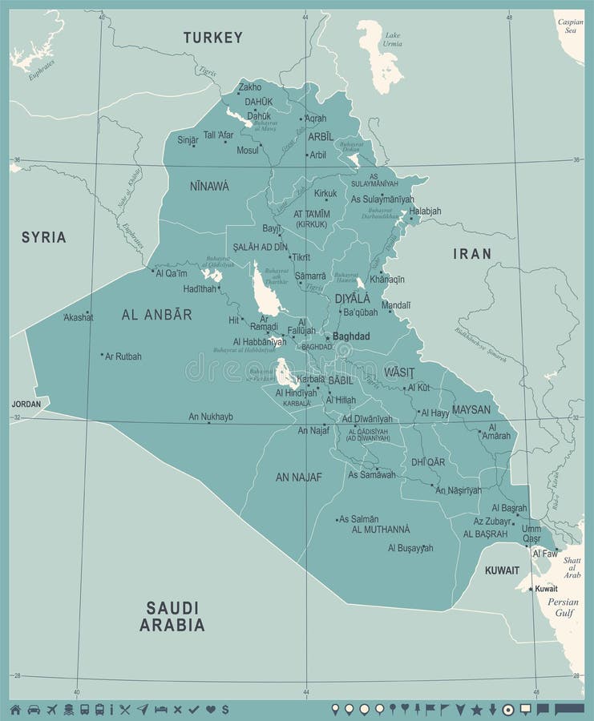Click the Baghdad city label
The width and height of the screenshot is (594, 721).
click(x=351, y=336)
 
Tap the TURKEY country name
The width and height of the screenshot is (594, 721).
click(x=212, y=38)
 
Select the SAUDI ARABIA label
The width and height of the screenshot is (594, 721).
click(x=172, y=616)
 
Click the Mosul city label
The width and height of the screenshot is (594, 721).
click(x=248, y=150)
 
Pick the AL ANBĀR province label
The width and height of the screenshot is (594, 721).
click(x=157, y=315)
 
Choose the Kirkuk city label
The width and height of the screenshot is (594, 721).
click(x=325, y=193)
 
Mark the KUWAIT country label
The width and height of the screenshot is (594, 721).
click(x=502, y=570)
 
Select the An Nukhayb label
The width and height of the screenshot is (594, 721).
click(x=211, y=417)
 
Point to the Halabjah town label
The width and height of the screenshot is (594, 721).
click(x=425, y=211)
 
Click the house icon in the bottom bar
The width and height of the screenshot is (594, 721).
click(x=15, y=709)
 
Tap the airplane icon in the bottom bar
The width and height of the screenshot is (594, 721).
click(x=53, y=709)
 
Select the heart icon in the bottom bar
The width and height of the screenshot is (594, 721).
click(x=211, y=709)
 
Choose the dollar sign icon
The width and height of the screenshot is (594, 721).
click(x=226, y=709)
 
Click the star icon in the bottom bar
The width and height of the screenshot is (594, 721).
click(x=476, y=709)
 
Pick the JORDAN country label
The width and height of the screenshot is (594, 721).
click(x=26, y=404)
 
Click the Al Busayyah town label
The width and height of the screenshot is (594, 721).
click(x=410, y=548)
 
